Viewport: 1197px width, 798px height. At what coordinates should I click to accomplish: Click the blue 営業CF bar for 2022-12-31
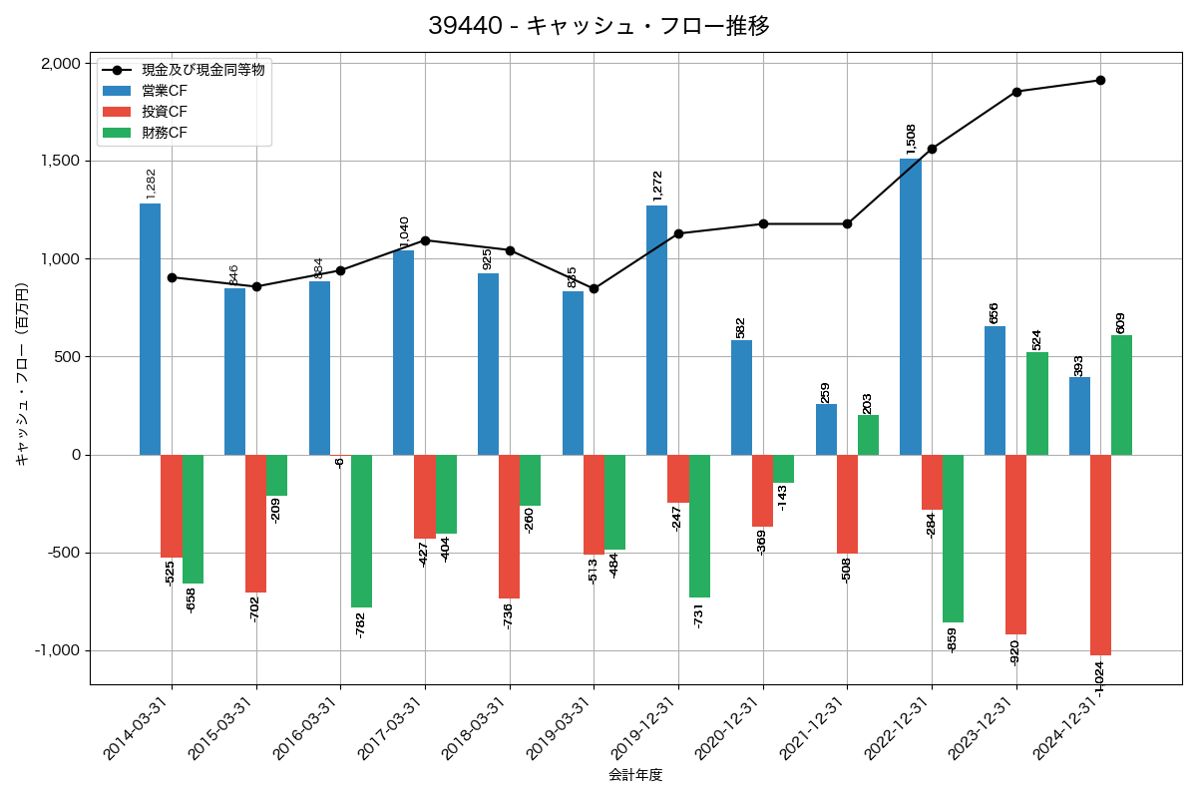pyautogui.click(x=910, y=306)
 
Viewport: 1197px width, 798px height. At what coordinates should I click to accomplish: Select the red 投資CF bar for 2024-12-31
pyautogui.click(x=1100, y=555)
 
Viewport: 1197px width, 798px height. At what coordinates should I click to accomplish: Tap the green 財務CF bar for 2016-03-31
pyautogui.click(x=361, y=531)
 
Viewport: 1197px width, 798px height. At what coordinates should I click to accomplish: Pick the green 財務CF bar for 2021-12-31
pyautogui.click(x=868, y=435)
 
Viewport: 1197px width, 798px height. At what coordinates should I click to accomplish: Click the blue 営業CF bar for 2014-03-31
pyautogui.click(x=150, y=329)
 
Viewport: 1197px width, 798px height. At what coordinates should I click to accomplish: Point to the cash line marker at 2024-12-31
pyautogui.click(x=1100, y=80)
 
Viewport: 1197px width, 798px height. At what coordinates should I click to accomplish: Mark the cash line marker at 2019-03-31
pyautogui.click(x=594, y=289)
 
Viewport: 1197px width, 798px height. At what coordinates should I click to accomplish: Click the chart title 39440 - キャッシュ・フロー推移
pyautogui.click(x=598, y=25)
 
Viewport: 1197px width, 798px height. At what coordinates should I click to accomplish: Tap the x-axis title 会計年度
pyautogui.click(x=635, y=775)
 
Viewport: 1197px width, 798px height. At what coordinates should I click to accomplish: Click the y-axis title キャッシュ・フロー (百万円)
pyautogui.click(x=22, y=373)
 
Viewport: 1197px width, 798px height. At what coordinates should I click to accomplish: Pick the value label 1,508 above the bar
pyautogui.click(x=911, y=139)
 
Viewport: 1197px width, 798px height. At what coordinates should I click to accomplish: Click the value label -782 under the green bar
pyautogui.click(x=361, y=624)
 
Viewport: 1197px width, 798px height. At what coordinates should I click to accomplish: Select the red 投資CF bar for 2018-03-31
pyautogui.click(x=509, y=527)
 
